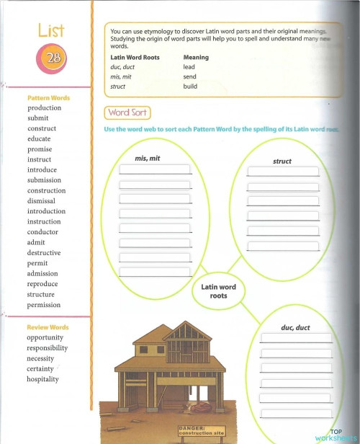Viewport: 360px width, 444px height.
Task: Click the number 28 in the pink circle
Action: point(52,58)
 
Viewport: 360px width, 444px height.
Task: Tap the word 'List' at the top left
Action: point(51,30)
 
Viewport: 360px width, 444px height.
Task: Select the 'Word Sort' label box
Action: point(128,113)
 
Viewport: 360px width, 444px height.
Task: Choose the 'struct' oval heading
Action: point(282,161)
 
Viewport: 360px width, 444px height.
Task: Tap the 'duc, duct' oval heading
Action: point(295,328)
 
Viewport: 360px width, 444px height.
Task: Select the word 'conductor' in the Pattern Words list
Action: point(43,232)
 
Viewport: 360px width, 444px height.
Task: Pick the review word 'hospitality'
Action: point(43,379)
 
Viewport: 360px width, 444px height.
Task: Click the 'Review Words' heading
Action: point(48,327)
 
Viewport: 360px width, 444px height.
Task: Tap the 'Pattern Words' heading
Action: point(48,98)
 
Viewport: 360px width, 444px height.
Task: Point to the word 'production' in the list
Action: point(45,108)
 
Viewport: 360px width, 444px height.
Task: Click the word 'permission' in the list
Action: point(45,305)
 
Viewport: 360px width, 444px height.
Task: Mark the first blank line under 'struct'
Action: point(282,172)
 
